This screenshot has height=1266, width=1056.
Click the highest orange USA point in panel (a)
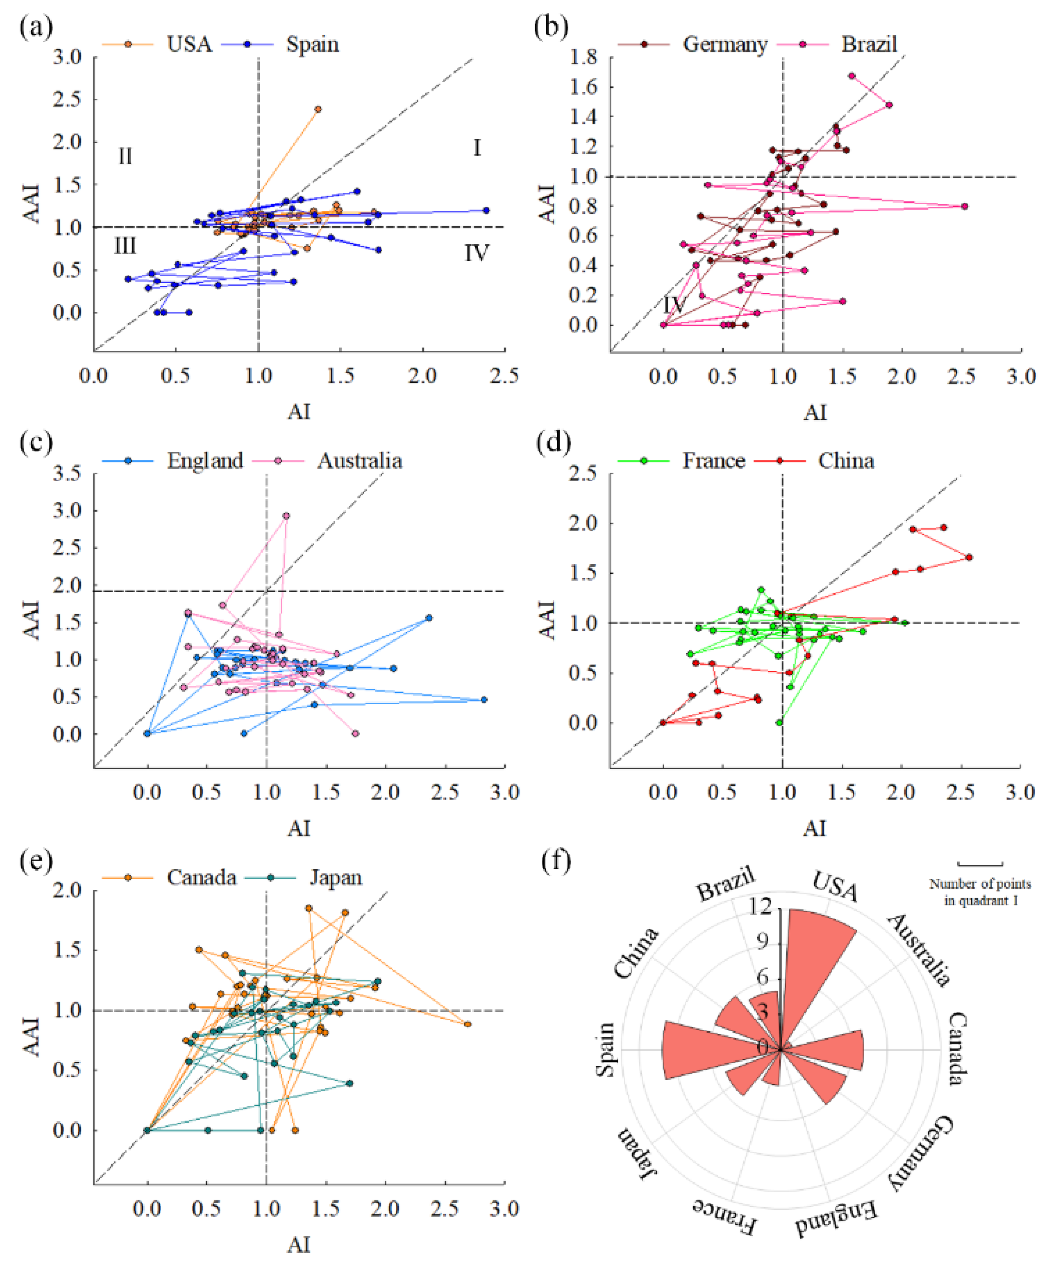(318, 109)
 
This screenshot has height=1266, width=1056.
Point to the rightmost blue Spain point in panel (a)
(486, 210)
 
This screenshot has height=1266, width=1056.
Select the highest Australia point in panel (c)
(286, 516)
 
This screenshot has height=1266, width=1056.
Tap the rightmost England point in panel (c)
(483, 699)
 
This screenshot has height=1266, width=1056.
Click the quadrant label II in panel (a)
(125, 157)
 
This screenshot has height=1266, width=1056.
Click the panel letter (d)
(553, 443)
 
